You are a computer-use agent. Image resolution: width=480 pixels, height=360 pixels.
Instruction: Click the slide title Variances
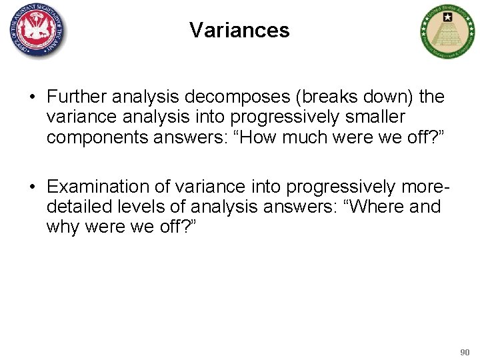coord(239,30)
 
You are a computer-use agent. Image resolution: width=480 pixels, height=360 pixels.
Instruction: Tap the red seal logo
coord(38,31)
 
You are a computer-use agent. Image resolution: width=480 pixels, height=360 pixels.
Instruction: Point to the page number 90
coord(465,351)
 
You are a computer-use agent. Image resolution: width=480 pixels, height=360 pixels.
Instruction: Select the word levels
coord(133,207)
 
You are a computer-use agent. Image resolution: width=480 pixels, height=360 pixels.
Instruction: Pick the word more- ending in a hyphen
coord(422,185)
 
